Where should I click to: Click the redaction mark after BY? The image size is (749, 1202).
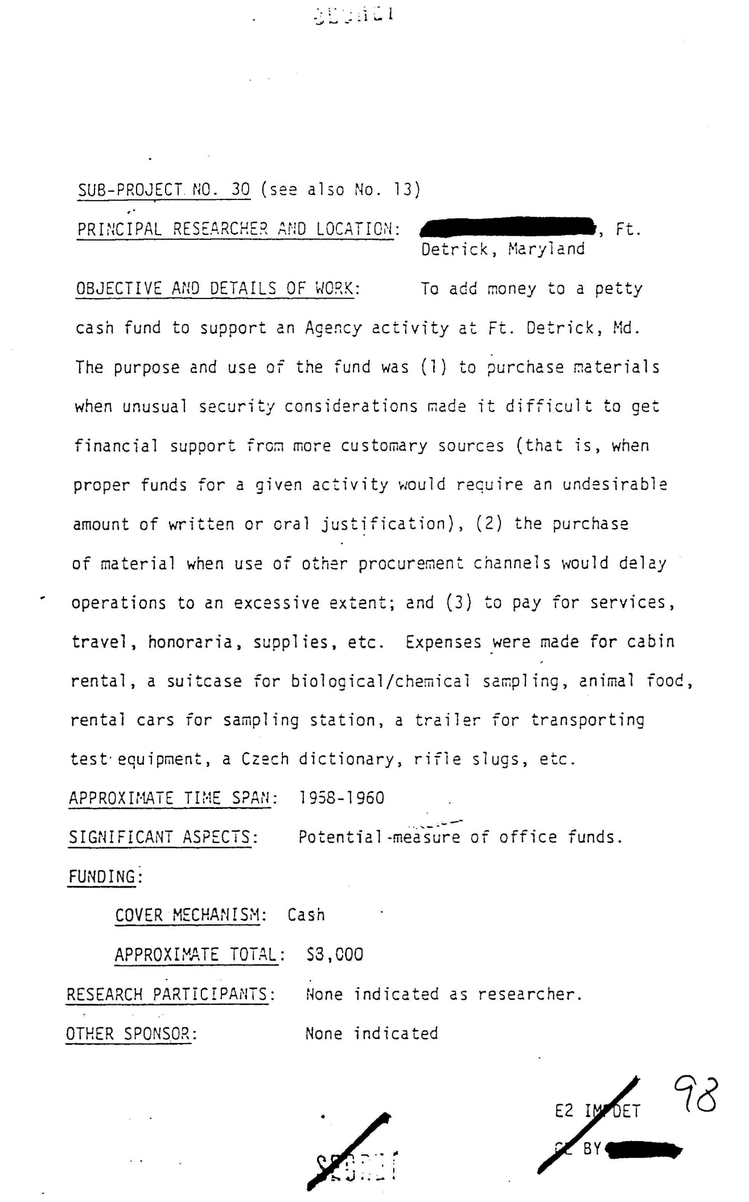click(643, 1150)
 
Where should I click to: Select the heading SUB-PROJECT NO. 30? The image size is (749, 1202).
click(164, 189)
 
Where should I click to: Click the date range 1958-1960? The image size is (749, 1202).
click(341, 798)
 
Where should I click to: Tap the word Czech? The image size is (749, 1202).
click(265, 759)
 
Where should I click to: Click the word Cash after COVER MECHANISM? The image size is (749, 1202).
click(306, 915)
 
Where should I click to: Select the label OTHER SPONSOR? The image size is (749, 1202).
click(131, 1033)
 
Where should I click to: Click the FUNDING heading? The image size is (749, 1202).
click(104, 876)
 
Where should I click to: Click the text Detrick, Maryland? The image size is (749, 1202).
click(503, 249)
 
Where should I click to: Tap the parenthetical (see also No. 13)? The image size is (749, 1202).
click(340, 189)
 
